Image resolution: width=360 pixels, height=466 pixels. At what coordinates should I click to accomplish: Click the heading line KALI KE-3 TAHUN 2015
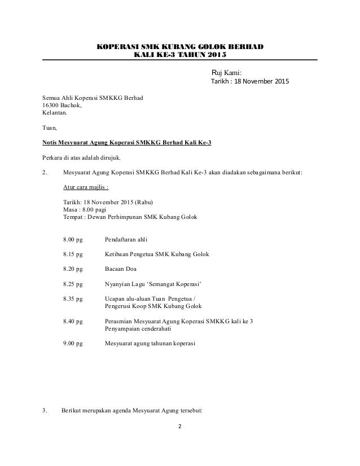[179, 54]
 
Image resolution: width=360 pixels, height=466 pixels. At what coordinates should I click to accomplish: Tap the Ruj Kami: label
[226, 72]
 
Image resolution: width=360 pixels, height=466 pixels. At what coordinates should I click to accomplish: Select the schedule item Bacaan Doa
[120, 269]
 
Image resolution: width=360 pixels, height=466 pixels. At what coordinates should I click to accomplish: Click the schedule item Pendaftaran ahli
[130, 240]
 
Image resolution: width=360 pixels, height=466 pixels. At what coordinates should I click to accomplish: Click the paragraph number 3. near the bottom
[45, 410]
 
